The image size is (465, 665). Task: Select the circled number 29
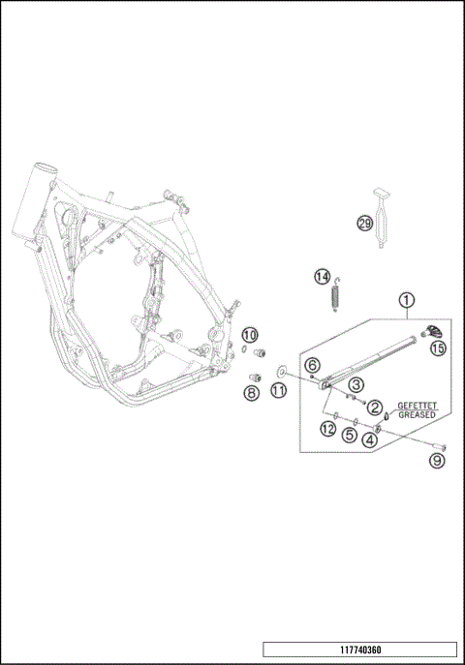tap(364, 224)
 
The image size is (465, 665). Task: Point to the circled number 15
tap(438, 348)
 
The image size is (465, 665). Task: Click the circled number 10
tap(249, 335)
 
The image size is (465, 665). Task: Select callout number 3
tap(356, 385)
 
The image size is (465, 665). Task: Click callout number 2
tap(373, 408)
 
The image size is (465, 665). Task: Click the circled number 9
tap(437, 461)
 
